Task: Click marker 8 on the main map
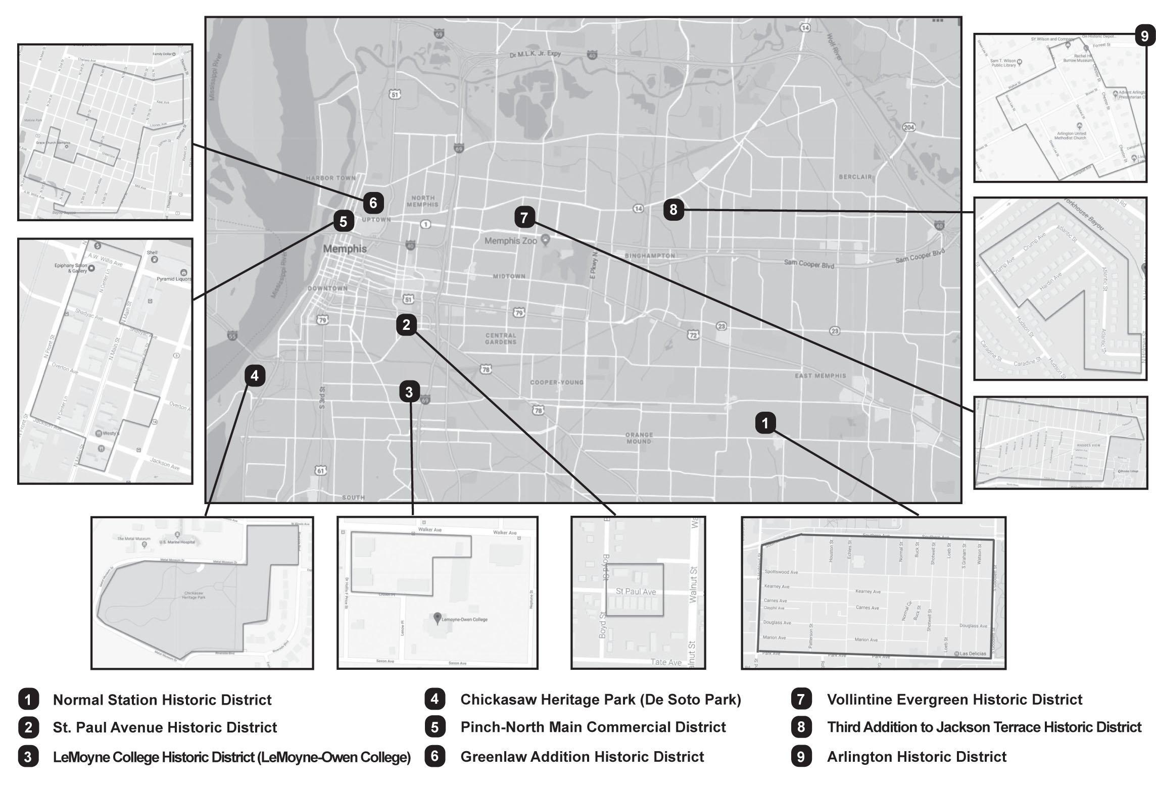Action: [673, 209]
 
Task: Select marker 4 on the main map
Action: [254, 376]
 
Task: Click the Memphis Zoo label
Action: [510, 241]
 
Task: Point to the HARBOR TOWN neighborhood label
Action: [331, 178]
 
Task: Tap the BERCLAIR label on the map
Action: [855, 177]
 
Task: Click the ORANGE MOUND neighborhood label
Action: [639, 438]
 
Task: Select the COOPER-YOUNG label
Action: [556, 382]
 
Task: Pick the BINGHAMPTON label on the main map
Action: [650, 256]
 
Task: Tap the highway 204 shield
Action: [908, 127]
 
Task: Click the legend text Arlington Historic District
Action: [917, 757]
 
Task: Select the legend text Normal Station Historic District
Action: [162, 700]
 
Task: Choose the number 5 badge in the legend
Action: [435, 727]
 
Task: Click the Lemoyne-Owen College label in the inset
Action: [464, 619]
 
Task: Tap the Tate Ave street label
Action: [665, 662]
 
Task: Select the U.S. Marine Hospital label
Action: [177, 542]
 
